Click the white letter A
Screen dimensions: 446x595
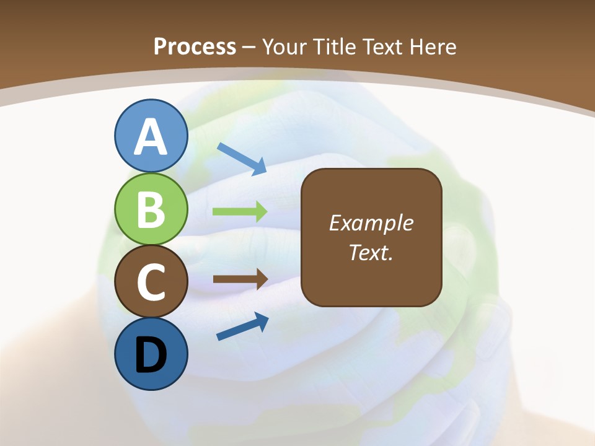tap(151, 138)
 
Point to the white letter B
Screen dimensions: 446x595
tap(151, 210)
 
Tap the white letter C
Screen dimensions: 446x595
tap(151, 282)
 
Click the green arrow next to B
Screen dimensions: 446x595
tap(240, 211)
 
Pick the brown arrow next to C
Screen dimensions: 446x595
tap(240, 279)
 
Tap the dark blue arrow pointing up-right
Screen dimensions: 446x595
tap(242, 326)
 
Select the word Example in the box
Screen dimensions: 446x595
tap(371, 223)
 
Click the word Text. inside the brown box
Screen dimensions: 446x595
tap(371, 252)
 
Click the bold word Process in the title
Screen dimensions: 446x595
tap(195, 46)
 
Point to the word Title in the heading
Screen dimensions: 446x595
tap(335, 46)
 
